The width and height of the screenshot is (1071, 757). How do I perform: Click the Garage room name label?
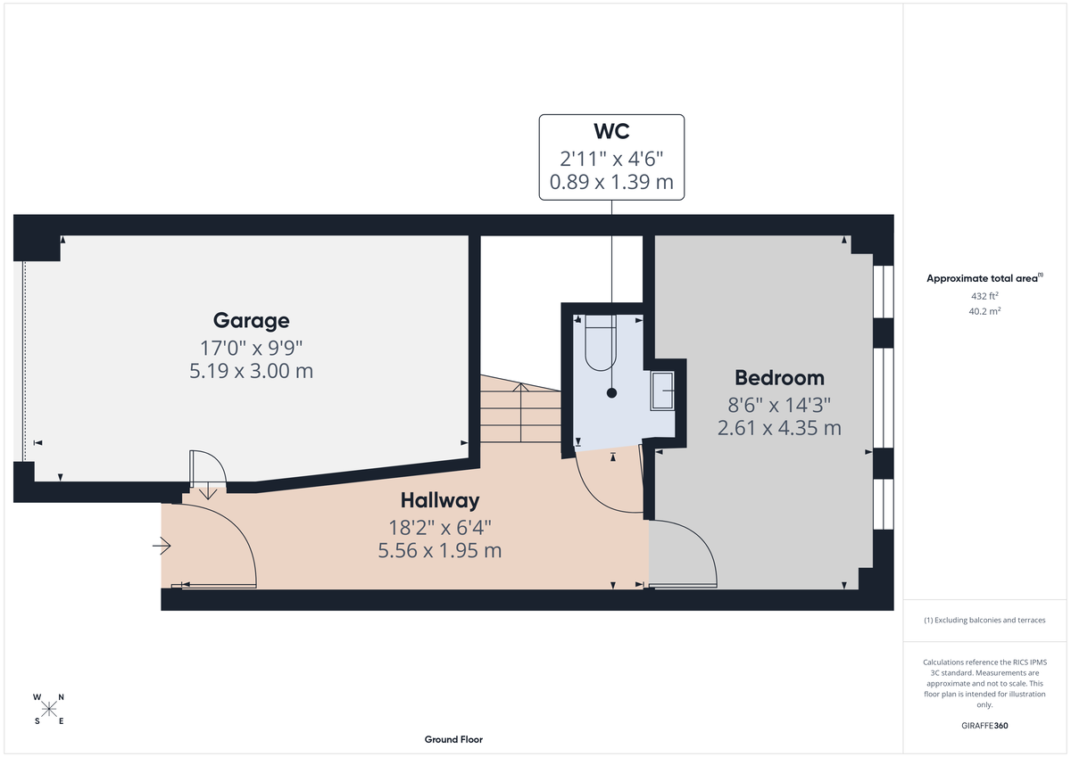pos(251,320)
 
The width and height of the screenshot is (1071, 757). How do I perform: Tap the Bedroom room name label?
pos(779,377)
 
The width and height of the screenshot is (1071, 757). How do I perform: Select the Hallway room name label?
pos(439,500)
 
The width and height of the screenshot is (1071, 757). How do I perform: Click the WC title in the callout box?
pos(611,132)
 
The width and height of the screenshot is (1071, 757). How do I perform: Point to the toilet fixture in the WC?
pos(600,343)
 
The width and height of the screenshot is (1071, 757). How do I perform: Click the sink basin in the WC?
pos(662,391)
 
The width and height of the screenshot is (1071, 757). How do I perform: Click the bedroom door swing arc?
pos(685,553)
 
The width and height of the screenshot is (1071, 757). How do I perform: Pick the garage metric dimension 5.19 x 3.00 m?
pos(251,371)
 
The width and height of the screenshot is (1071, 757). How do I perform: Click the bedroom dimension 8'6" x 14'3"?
pos(779,403)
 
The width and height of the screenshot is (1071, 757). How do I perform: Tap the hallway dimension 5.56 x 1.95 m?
pos(439,550)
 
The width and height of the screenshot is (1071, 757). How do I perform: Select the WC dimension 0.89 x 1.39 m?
pos(611,185)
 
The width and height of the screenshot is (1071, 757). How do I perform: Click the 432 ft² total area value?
pos(984,295)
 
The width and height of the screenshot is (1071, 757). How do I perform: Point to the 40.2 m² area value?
pos(984,311)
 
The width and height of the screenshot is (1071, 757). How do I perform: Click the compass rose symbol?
pos(49,709)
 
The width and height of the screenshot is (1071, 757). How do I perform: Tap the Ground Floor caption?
pos(453,739)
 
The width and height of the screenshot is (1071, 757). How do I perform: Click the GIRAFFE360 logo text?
pos(984,726)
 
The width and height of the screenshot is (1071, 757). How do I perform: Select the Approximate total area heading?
pos(983,278)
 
